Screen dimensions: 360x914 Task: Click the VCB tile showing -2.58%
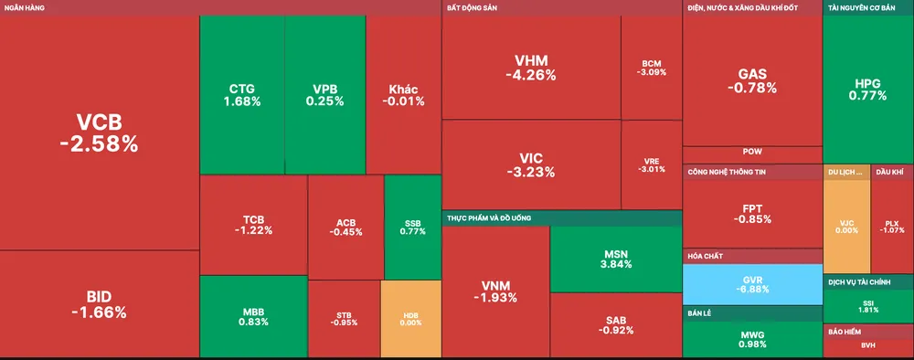(x=99, y=132)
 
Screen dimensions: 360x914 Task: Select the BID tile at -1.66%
(x=99, y=304)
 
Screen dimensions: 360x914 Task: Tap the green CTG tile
(x=241, y=95)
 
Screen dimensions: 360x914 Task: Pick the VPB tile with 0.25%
(x=324, y=95)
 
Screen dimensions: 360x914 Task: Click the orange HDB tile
(x=410, y=319)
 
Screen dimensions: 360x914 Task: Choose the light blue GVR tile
(x=751, y=284)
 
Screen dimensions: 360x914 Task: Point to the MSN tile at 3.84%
(x=615, y=258)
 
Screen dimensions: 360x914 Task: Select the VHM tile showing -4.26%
(x=530, y=69)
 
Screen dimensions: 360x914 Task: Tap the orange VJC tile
(x=845, y=226)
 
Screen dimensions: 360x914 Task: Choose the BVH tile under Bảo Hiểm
(x=868, y=345)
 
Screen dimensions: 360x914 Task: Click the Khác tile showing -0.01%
(x=403, y=95)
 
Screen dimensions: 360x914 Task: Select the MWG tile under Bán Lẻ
(x=751, y=339)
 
